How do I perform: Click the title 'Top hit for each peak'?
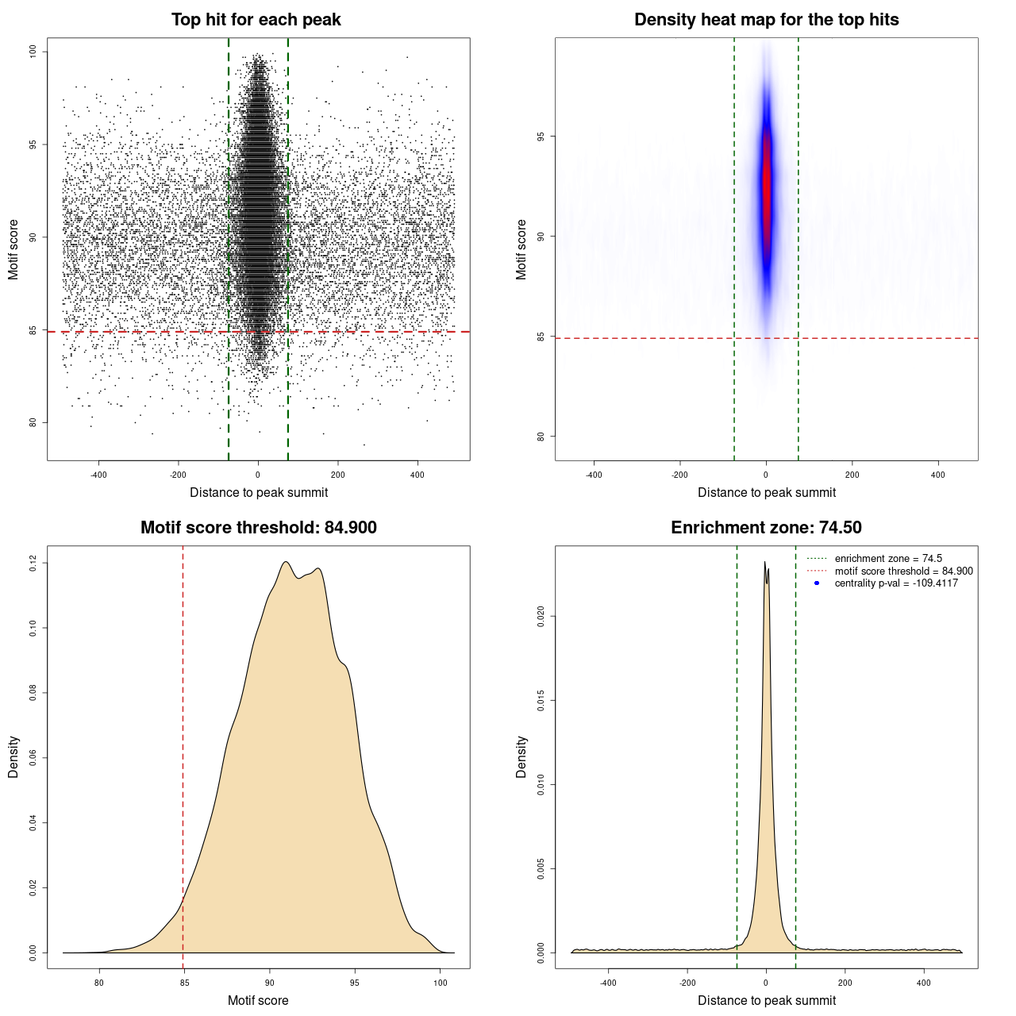256,20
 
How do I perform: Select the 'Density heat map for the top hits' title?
766,20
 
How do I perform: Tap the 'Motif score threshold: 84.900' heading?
258,528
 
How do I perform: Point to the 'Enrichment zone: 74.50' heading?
766,528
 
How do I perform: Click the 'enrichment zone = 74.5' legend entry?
887,559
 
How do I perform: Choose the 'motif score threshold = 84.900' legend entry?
903,571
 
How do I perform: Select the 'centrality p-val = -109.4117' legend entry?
895,583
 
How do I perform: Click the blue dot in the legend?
817,583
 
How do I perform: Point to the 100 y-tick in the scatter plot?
33,52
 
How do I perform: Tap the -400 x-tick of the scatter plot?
98,475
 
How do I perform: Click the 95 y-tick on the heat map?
541,137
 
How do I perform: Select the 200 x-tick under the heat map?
852,475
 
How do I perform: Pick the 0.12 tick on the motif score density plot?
33,563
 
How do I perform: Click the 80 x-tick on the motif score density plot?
99,983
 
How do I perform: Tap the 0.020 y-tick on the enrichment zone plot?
541,616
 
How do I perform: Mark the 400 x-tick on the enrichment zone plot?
923,983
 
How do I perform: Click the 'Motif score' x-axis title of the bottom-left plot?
258,1000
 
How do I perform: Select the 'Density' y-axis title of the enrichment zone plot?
521,756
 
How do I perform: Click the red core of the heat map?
767,183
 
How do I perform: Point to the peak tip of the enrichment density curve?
765,562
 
